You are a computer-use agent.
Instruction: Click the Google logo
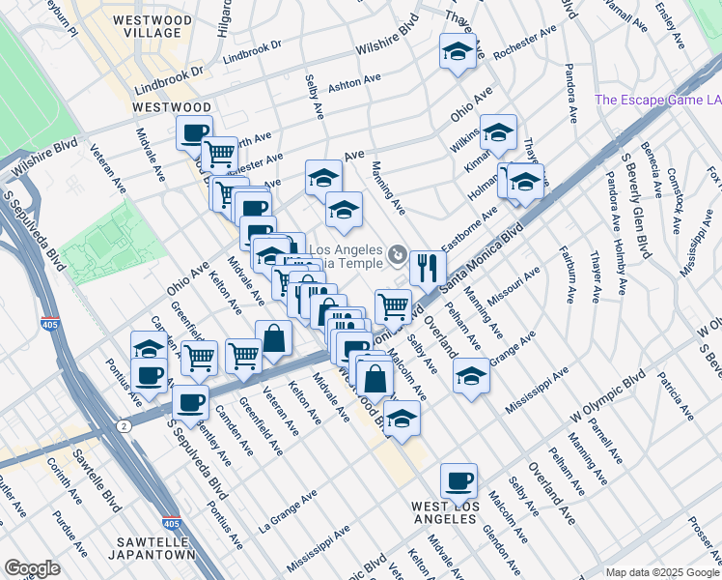pos(32,568)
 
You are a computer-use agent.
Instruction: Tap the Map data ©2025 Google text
pos(661,572)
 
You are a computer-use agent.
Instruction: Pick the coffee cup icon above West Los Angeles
pos(458,479)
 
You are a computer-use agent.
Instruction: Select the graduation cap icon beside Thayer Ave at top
pos(458,50)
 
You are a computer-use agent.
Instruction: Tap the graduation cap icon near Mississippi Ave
pos(471,374)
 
